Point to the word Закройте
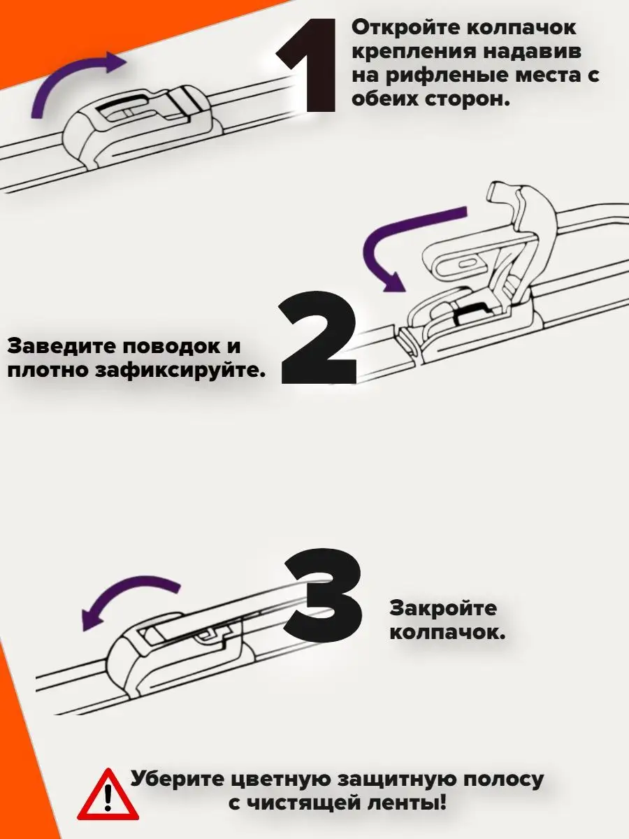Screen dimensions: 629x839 click(443, 608)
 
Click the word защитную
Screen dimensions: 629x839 click(398, 780)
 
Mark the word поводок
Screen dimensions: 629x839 click(171, 347)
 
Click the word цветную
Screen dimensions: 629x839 click(281, 780)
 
